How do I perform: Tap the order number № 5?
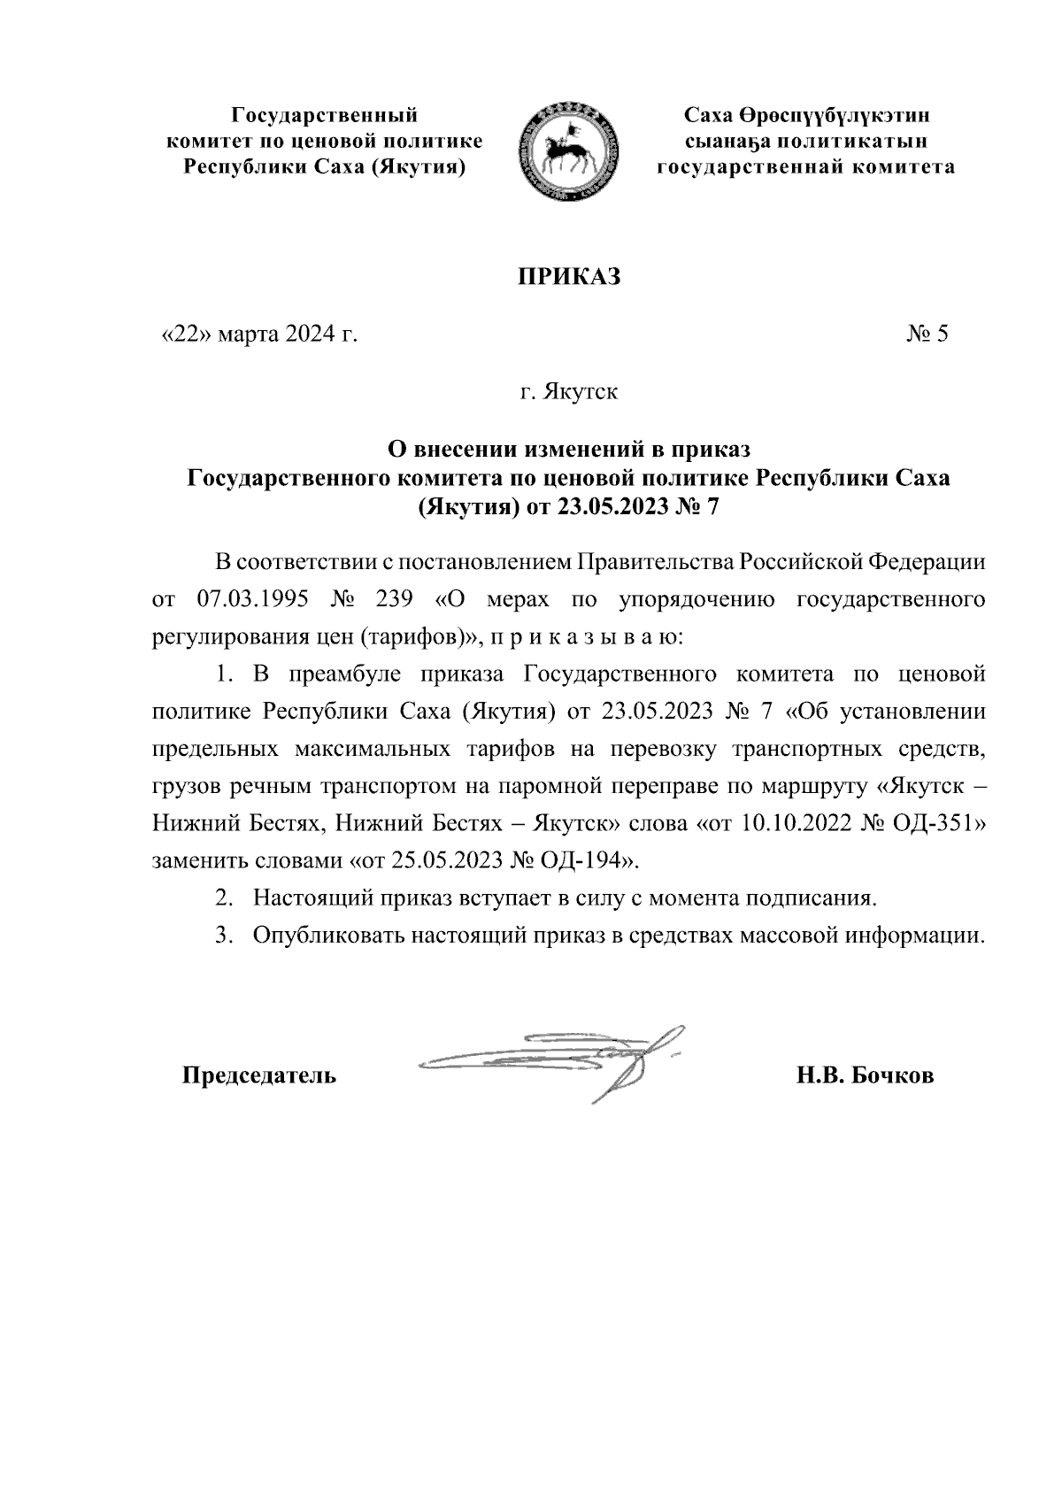tap(927, 335)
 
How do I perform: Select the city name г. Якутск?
tap(569, 391)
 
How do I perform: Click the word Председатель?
tap(258, 1076)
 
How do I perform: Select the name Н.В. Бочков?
tap(865, 1076)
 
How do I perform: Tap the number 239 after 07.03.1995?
tap(395, 599)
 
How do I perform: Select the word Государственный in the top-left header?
tap(324, 115)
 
